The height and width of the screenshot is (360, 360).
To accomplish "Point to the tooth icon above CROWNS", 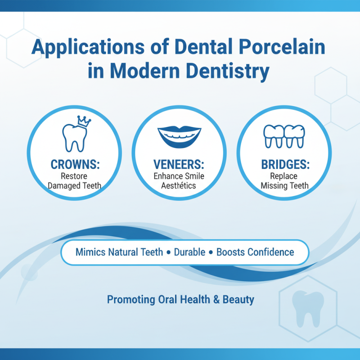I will tap(72, 137).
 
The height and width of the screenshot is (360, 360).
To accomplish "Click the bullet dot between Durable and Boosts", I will tap(210, 252).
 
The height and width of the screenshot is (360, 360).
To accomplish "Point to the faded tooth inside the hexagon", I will tap(308, 306).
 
